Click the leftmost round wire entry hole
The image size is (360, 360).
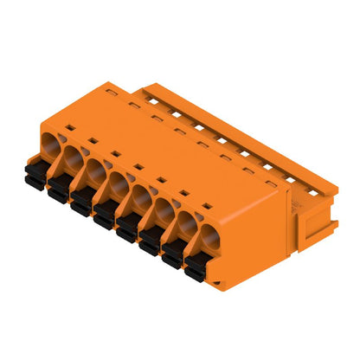click(x=51, y=141)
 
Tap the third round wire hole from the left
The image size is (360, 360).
click(x=96, y=170)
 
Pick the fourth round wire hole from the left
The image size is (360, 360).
click(x=119, y=183)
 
